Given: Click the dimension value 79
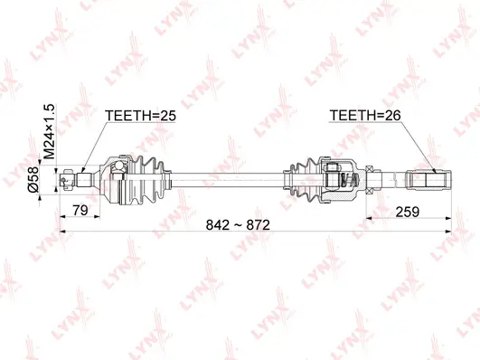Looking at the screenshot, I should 80,210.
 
